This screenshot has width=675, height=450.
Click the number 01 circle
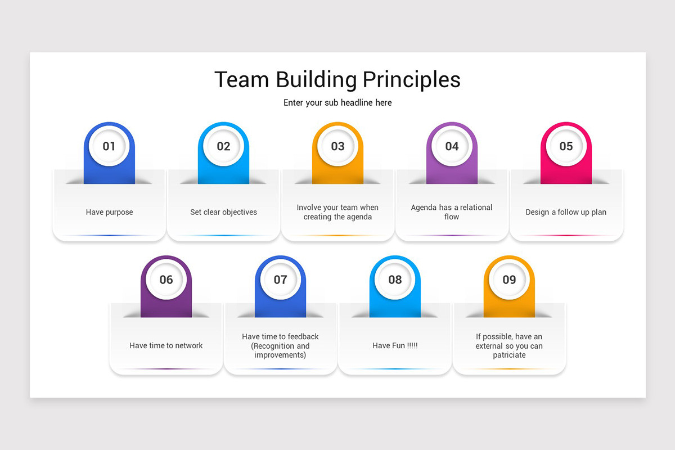click(x=109, y=146)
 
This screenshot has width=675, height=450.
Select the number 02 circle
click(x=223, y=146)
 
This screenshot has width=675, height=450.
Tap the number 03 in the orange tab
click(x=337, y=146)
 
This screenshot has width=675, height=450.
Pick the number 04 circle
click(x=452, y=146)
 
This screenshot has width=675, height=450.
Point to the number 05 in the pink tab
click(x=566, y=146)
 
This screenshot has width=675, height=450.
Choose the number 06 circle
click(x=166, y=280)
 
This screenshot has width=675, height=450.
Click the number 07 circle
click(x=280, y=280)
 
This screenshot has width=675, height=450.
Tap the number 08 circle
click(x=395, y=280)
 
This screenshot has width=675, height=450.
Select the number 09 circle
click(x=509, y=280)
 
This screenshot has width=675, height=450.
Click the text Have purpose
click(x=109, y=212)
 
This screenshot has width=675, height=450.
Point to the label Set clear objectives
click(x=223, y=212)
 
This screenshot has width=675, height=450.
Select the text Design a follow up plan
click(x=566, y=212)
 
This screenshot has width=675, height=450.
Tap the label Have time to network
click(x=166, y=345)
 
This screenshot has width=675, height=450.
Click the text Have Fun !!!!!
click(x=395, y=345)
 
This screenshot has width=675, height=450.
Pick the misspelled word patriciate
click(x=509, y=355)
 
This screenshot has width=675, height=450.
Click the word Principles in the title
click(x=411, y=79)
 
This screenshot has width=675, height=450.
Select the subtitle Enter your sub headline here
click(x=337, y=102)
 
